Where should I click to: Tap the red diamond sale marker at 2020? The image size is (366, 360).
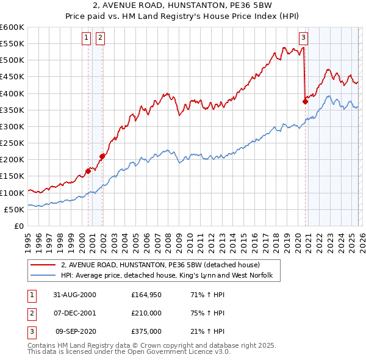point(305,102)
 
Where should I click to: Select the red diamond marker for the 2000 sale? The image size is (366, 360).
point(88,171)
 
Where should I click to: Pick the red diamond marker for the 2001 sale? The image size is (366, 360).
point(102,156)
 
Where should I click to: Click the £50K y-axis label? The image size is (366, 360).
point(13,209)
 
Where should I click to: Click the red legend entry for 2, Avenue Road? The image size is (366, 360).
point(160,265)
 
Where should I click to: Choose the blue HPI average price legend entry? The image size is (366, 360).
point(170,276)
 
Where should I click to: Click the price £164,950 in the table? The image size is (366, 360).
point(146,295)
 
